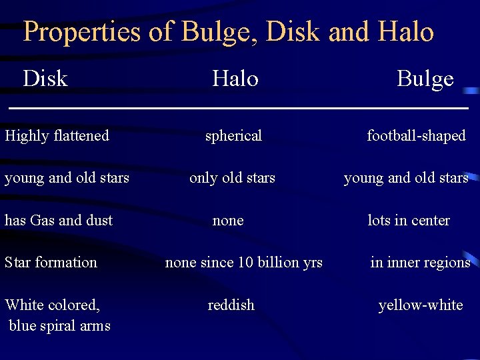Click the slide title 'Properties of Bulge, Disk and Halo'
pos(229,31)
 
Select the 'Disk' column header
pos(45,79)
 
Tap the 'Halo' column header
pos(235,79)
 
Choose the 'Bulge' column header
pos(425,79)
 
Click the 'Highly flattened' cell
pos(57,135)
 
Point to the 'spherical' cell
pos(233,136)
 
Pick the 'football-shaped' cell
pos(416,135)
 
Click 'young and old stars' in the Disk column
pos(67,178)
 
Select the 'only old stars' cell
pos(232,178)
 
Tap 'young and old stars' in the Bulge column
pos(406,178)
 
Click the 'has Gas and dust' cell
pos(59,220)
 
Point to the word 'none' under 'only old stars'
pos(228,221)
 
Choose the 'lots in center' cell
pos(409,220)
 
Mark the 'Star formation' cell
pos(51,262)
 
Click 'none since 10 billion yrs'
pos(243,263)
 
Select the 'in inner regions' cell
pos(420,263)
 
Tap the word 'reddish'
pos(231,305)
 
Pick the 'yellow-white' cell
pos(420,305)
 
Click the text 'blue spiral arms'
pos(60,326)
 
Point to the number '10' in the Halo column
pos(244,263)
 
